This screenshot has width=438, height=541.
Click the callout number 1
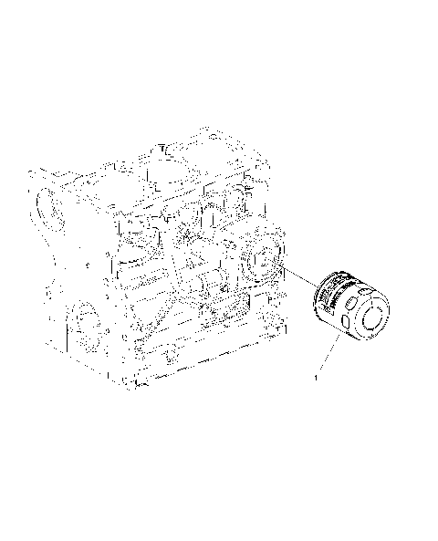click(x=316, y=375)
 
